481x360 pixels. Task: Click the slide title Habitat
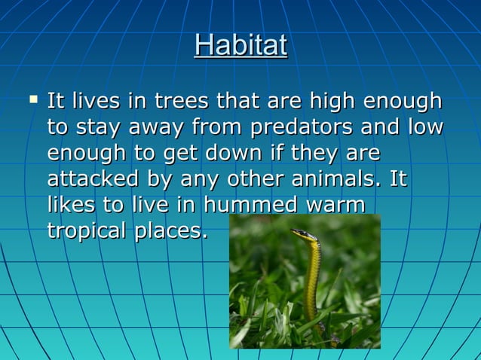240,45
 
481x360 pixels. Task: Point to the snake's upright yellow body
312,286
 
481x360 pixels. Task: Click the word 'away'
159,127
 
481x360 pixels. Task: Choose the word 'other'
259,180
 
